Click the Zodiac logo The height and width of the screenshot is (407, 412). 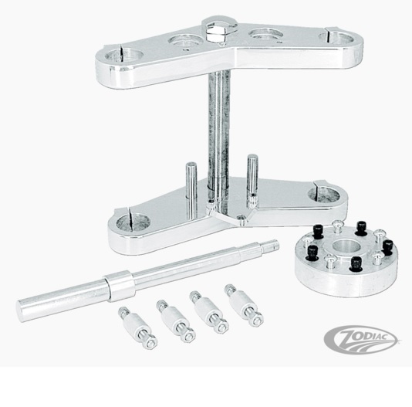click(361, 338)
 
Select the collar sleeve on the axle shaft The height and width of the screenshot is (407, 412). click(120, 286)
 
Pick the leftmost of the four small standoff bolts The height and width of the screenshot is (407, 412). click(137, 327)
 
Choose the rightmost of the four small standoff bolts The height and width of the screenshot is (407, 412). click(244, 305)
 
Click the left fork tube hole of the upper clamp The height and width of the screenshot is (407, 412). click(124, 56)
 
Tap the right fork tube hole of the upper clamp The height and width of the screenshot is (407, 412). click(337, 38)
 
